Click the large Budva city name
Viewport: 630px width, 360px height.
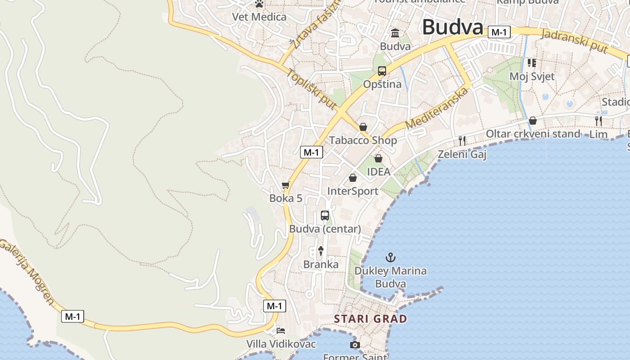point(453,27)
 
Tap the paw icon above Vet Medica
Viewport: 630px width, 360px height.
point(259,4)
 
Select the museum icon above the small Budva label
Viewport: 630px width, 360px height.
point(395,33)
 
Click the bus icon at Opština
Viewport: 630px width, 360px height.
point(382,71)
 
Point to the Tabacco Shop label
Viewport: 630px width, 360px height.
point(363,140)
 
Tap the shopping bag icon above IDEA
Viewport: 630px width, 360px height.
point(378,158)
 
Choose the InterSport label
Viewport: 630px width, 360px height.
point(353,191)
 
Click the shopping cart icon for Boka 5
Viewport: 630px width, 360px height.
point(285,185)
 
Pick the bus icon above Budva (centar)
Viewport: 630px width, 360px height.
point(325,216)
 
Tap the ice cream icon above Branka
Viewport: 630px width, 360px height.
point(321,251)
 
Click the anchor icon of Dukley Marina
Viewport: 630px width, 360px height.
point(391,258)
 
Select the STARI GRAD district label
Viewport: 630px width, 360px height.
point(370,319)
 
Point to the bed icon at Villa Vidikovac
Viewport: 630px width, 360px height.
point(281,331)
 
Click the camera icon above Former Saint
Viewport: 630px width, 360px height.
point(355,345)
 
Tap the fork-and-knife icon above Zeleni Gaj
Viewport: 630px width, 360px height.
point(462,141)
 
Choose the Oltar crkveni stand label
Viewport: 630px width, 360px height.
point(533,134)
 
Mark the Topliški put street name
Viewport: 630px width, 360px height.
point(311,89)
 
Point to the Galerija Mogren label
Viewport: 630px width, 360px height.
point(28,271)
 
